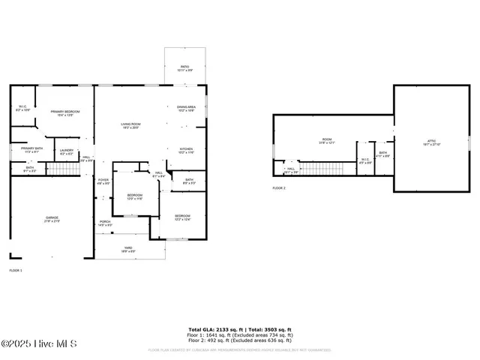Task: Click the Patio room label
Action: pos(184,68)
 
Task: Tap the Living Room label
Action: pos(131,125)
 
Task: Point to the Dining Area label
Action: pos(187,109)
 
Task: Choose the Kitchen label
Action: pos(186,151)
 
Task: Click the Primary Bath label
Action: pos(32,150)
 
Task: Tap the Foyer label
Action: pos(103,181)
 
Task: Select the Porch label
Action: pos(106,223)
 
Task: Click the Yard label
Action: pos(128,250)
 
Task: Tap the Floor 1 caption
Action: pos(16,270)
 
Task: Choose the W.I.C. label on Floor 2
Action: pos(364,160)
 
